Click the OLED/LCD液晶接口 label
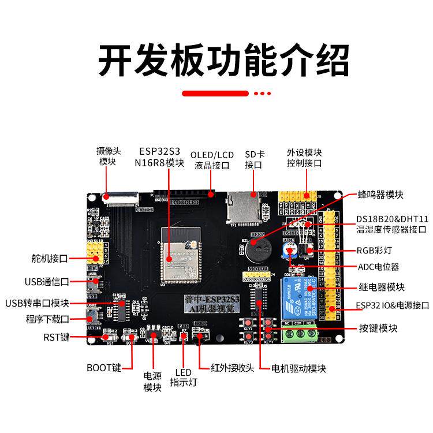click(x=212, y=160)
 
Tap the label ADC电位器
click(x=378, y=267)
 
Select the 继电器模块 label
click(x=381, y=287)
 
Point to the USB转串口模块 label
click(x=38, y=303)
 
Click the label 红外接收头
click(x=232, y=368)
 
